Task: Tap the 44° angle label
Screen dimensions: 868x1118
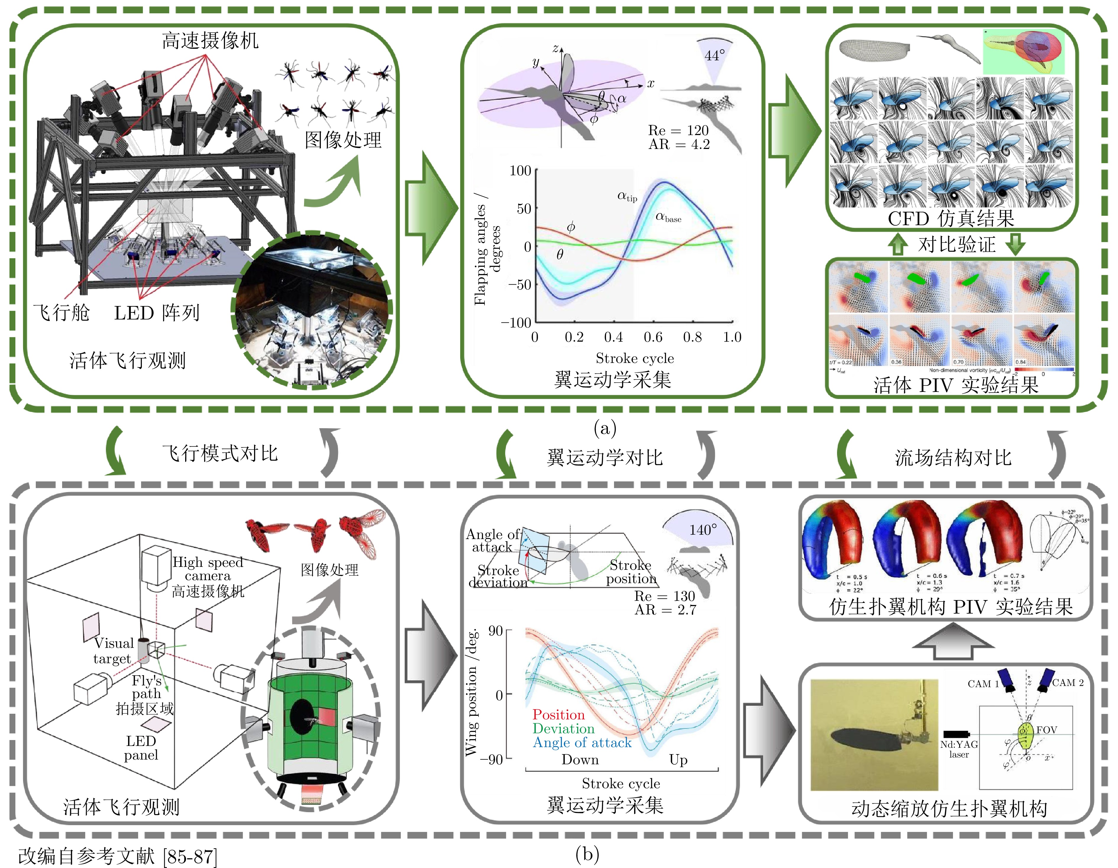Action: click(x=715, y=55)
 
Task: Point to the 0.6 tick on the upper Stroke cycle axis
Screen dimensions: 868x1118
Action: click(x=653, y=337)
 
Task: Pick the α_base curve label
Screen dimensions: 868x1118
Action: click(x=668, y=218)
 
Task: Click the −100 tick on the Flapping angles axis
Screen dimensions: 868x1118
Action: click(x=516, y=323)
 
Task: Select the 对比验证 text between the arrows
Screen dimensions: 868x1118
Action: click(x=956, y=244)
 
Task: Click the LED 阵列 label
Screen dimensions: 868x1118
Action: click(x=157, y=312)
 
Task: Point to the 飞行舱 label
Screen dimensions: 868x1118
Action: click(x=62, y=312)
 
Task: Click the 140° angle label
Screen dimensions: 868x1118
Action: click(x=703, y=530)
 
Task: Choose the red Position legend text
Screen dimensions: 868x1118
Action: click(x=558, y=715)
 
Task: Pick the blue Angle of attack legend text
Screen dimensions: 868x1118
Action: click(x=582, y=742)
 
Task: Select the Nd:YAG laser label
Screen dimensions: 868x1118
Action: click(x=959, y=749)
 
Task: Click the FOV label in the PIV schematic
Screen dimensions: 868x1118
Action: click(x=1046, y=730)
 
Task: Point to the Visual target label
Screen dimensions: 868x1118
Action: click(x=113, y=650)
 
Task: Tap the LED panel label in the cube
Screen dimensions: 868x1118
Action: click(x=141, y=748)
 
